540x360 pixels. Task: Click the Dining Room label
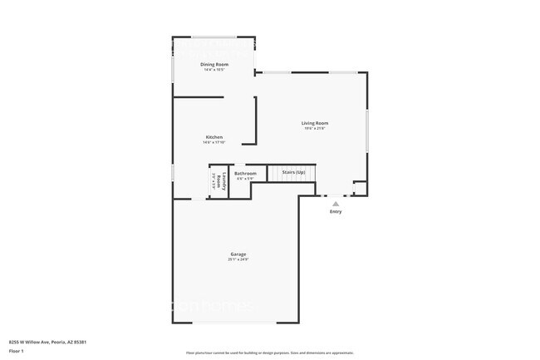(x=214, y=64)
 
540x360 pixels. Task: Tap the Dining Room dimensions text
(x=214, y=70)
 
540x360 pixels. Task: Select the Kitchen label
(x=214, y=136)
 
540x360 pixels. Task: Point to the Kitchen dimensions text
(x=214, y=142)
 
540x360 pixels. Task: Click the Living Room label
(x=315, y=123)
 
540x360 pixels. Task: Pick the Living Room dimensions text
(x=315, y=129)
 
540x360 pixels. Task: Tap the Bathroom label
(x=245, y=173)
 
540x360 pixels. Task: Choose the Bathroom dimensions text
(x=245, y=179)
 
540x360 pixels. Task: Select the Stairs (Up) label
(x=294, y=172)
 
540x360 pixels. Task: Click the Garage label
(x=238, y=254)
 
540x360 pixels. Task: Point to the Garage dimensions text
(x=238, y=259)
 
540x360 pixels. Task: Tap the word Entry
(x=336, y=211)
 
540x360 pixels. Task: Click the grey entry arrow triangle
(x=336, y=203)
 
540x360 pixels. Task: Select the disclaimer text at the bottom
(x=269, y=353)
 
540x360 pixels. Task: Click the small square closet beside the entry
(x=360, y=188)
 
